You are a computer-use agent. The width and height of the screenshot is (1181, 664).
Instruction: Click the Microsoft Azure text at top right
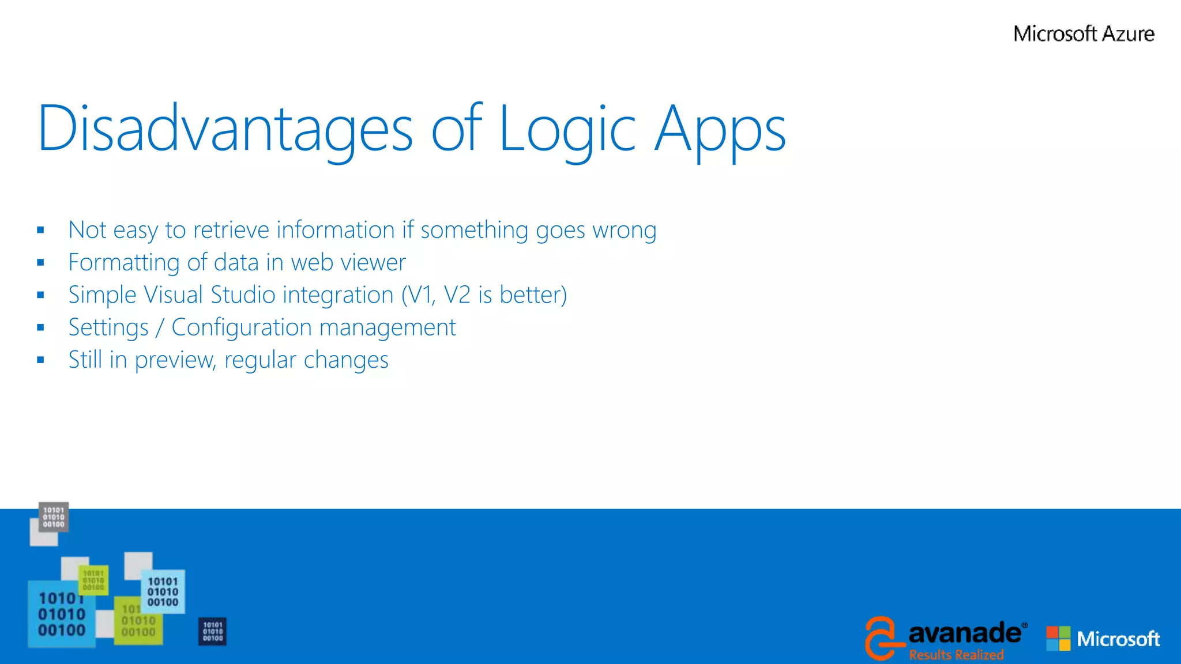(x=1084, y=33)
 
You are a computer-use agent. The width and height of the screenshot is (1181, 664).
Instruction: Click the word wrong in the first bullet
(x=625, y=230)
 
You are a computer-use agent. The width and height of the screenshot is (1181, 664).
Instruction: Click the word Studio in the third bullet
(x=243, y=295)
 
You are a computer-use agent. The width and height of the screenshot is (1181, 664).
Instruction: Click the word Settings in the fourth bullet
(x=108, y=327)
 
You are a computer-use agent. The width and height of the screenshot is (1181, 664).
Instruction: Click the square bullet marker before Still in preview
(x=40, y=360)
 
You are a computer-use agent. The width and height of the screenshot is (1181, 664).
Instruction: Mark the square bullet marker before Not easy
(x=40, y=230)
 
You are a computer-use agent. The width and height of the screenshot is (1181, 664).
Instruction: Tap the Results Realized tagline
(x=956, y=655)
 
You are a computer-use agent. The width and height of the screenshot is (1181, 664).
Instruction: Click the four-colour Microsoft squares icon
(x=1058, y=639)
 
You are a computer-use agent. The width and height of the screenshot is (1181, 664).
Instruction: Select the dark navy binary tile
(x=212, y=631)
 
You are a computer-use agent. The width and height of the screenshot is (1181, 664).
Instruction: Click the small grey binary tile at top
(x=54, y=516)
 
